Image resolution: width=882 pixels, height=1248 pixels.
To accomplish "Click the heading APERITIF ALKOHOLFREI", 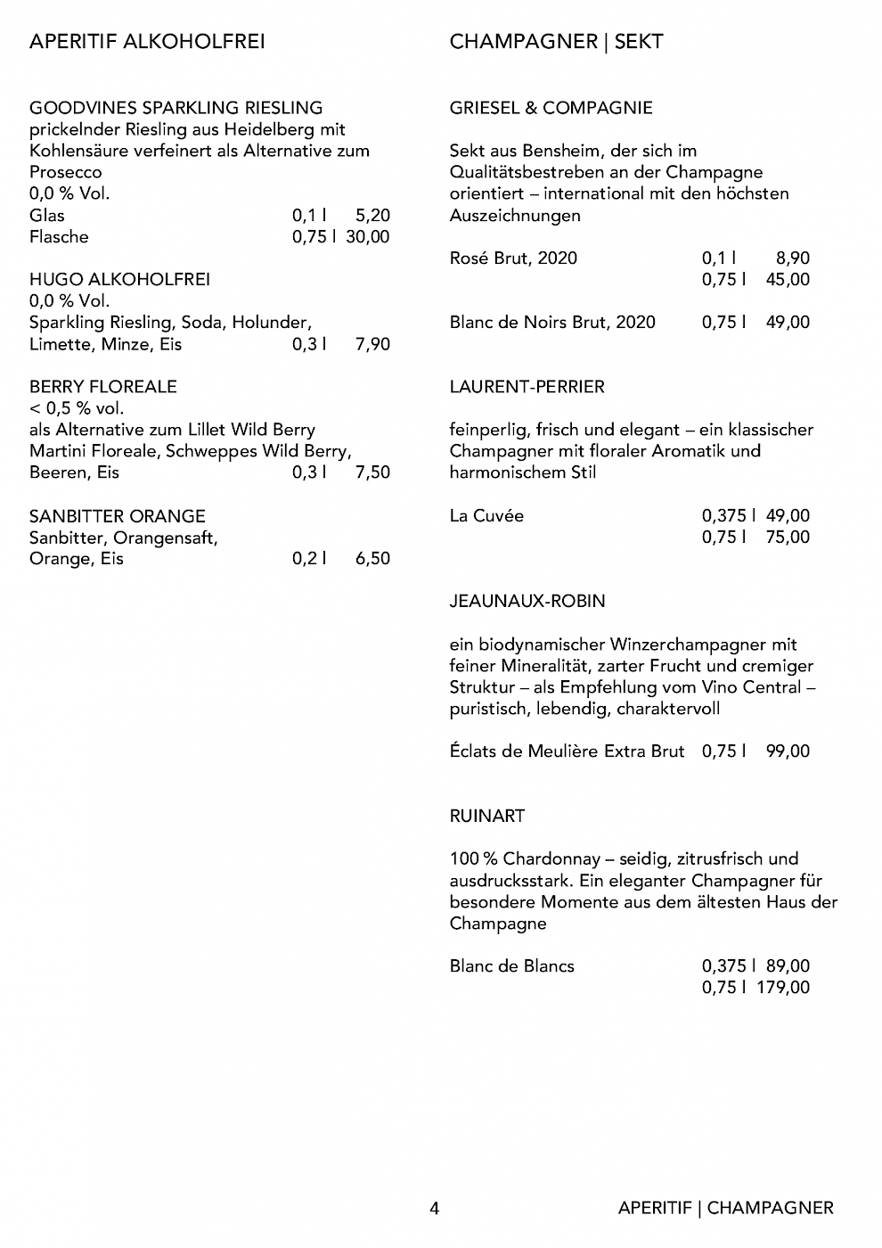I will pyautogui.click(x=147, y=42).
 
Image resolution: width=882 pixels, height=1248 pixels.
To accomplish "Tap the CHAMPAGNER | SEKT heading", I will pyautogui.click(x=556, y=42).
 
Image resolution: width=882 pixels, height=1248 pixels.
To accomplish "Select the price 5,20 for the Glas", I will pyautogui.click(x=372, y=216).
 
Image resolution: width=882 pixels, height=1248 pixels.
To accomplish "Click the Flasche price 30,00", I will pyautogui.click(x=368, y=237).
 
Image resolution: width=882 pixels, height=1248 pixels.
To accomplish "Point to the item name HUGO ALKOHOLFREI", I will pyautogui.click(x=119, y=280).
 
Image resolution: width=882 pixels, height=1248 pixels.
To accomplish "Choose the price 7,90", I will pyautogui.click(x=372, y=345).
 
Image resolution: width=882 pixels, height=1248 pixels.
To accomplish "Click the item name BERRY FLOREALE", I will pyautogui.click(x=103, y=387).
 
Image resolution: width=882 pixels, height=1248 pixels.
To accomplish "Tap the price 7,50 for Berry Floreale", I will pyautogui.click(x=372, y=473).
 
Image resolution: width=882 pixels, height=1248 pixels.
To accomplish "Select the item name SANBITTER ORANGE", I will pyautogui.click(x=118, y=516).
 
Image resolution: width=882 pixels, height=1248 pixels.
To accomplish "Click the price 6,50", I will pyautogui.click(x=372, y=559).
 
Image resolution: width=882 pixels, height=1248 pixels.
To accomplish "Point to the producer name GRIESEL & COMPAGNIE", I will pyautogui.click(x=551, y=109).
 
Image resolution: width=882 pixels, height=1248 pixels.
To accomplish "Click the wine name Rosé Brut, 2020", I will pyautogui.click(x=513, y=259).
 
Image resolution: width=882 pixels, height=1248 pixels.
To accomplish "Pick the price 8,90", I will pyautogui.click(x=793, y=259).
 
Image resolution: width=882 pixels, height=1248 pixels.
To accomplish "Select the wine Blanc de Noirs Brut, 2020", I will pyautogui.click(x=552, y=323).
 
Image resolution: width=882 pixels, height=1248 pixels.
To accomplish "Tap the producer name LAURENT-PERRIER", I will pyautogui.click(x=527, y=387).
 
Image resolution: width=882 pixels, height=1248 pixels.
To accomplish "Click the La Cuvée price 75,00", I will pyautogui.click(x=788, y=538).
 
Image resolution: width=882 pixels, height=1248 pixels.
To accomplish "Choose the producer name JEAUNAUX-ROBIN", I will pyautogui.click(x=527, y=602).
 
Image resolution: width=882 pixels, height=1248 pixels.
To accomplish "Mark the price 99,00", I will pyautogui.click(x=788, y=751).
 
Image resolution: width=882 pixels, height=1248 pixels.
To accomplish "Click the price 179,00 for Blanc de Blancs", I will pyautogui.click(x=784, y=988).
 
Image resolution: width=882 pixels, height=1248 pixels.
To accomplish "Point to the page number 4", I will pyautogui.click(x=435, y=1209).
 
